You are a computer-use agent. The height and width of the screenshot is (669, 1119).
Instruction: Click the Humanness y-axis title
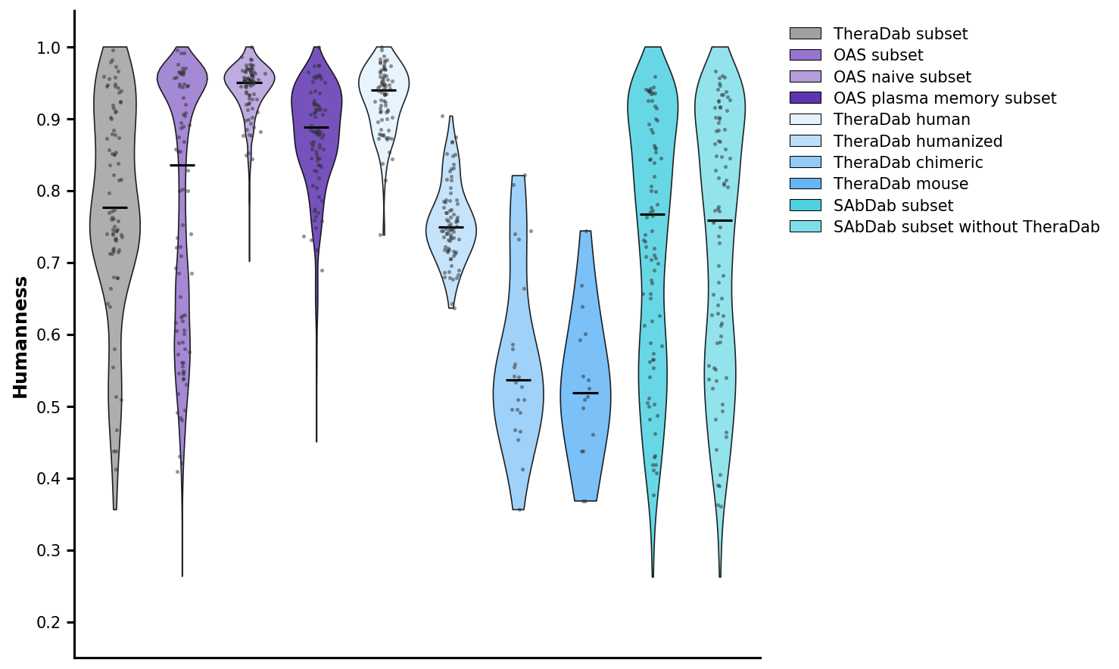(x=20, y=337)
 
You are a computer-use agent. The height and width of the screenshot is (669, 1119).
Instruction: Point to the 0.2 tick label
(x=54, y=623)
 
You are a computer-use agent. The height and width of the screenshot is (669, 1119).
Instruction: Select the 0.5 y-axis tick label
(x=54, y=407)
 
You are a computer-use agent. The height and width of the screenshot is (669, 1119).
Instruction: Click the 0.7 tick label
(x=54, y=263)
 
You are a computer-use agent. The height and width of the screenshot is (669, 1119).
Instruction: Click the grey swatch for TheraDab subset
(x=805, y=34)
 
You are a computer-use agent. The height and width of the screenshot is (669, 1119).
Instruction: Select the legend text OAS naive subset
(x=902, y=77)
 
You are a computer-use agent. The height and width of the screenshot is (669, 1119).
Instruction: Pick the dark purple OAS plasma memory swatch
(x=805, y=98)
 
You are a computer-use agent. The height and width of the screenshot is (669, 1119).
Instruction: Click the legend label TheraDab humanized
(x=918, y=142)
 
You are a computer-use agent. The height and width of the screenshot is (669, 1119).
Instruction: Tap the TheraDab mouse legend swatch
(x=805, y=184)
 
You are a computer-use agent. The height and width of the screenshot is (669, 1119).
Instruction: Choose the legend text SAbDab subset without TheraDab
(x=966, y=227)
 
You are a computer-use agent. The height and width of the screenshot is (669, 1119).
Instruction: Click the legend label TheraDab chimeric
(x=908, y=163)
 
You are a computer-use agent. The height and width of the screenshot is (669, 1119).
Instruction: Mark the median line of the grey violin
(x=115, y=207)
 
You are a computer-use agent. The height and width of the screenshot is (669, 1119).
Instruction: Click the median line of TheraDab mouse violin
(x=586, y=394)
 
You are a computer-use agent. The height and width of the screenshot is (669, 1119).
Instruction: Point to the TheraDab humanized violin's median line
(x=451, y=227)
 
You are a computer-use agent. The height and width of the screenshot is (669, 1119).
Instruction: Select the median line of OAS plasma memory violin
(x=316, y=127)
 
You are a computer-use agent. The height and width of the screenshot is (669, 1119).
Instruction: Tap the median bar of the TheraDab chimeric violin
(x=519, y=380)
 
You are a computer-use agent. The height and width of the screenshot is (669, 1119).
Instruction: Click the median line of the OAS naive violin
(x=249, y=82)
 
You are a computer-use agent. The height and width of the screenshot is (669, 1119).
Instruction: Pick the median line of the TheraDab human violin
(x=384, y=90)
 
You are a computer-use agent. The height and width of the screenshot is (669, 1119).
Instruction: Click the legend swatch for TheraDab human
(x=805, y=120)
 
